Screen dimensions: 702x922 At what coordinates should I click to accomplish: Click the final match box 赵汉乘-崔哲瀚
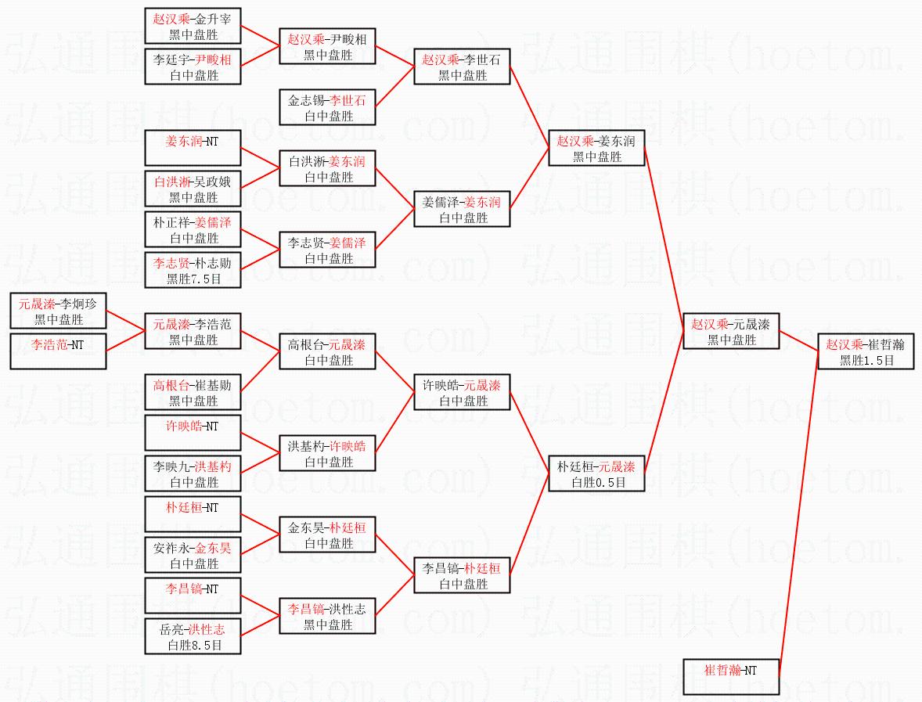[x=866, y=352]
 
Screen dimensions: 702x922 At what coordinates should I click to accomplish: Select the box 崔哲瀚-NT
[x=730, y=677]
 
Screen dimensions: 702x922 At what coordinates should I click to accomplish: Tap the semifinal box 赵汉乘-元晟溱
[x=731, y=332]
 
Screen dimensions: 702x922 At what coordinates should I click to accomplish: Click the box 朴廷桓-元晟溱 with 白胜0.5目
[x=597, y=474]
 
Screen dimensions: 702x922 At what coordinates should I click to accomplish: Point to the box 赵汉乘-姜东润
[x=596, y=148]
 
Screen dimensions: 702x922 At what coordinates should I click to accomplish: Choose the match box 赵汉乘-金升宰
[x=193, y=27]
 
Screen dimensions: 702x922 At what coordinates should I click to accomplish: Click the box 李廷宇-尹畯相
[x=193, y=67]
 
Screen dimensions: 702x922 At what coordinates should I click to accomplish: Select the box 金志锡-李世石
[x=328, y=108]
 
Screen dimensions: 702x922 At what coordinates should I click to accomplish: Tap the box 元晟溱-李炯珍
[x=58, y=311]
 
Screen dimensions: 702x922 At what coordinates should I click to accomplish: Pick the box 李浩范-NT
[x=58, y=351]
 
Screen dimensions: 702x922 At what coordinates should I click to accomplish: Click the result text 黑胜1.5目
[x=866, y=361]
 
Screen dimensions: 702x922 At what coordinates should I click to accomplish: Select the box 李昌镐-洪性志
[x=328, y=617]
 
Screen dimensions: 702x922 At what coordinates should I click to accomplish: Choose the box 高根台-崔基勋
[x=193, y=393]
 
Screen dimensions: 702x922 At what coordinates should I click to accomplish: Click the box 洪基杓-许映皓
[x=328, y=454]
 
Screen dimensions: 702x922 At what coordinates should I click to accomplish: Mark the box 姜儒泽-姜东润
[x=462, y=210]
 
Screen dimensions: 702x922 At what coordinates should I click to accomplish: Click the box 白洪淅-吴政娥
[x=193, y=189]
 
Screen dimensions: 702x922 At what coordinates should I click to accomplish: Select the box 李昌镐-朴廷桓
[x=462, y=576]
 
